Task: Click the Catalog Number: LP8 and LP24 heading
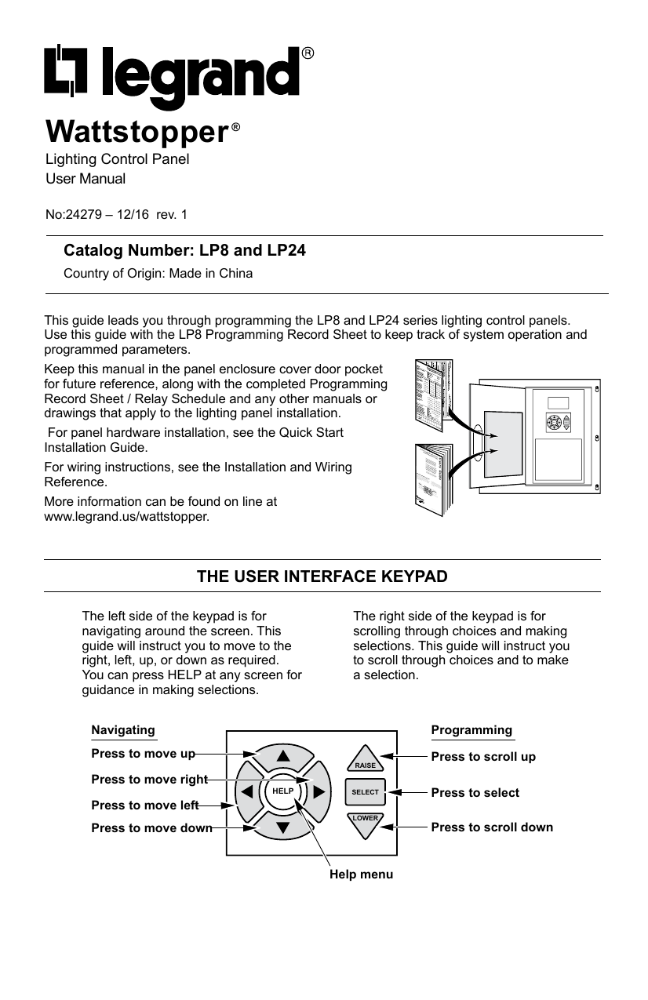pos(184,251)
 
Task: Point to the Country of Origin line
pos(158,274)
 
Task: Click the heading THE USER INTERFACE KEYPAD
pos(322,576)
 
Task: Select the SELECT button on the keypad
pos(365,792)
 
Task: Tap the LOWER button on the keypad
pos(365,823)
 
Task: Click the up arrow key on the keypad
pos(282,758)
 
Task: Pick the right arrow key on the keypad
pos(319,791)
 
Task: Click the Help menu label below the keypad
pos(361,873)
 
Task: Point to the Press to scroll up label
pos(483,757)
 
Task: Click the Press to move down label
pos(151,827)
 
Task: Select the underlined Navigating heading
pos(123,730)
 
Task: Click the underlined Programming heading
pos(471,730)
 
